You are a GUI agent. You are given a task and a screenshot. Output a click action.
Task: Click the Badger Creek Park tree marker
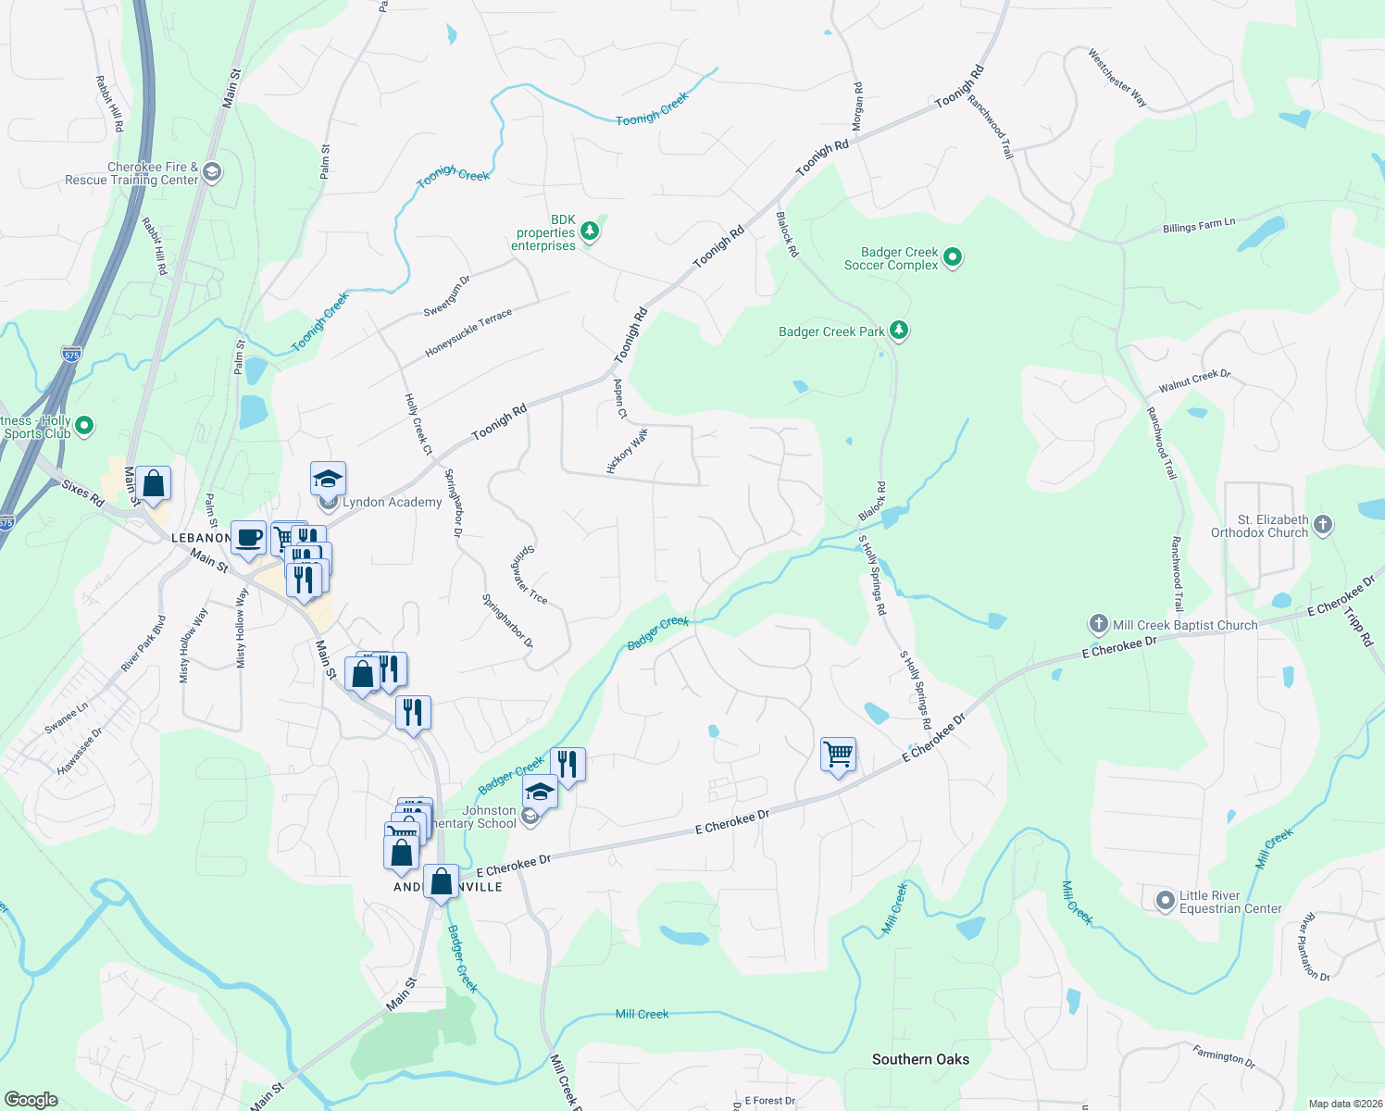tap(898, 331)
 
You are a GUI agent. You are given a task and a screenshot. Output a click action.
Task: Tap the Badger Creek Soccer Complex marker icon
tap(954, 258)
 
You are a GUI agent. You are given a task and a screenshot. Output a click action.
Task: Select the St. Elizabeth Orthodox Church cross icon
tap(1323, 526)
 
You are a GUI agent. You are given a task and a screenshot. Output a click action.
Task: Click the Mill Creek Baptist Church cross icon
tap(1098, 624)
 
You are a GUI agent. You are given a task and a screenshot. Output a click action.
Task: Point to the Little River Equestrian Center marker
tap(1166, 900)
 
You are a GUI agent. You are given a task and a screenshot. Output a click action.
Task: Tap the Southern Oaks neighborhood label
tap(920, 1059)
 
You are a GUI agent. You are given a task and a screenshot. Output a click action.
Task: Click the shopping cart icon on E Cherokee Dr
tap(838, 755)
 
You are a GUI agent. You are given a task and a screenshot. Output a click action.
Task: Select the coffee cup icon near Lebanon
tap(248, 538)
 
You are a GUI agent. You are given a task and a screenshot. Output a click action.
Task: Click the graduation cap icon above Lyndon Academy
tap(328, 479)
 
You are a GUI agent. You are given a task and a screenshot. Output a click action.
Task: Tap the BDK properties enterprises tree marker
tap(590, 231)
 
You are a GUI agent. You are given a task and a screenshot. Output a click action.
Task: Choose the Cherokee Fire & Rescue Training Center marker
tap(212, 172)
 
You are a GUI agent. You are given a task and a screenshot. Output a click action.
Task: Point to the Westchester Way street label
tap(1117, 78)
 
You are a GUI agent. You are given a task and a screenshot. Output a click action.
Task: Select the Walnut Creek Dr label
tap(1194, 381)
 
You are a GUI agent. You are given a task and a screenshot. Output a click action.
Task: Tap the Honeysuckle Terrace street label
tap(468, 334)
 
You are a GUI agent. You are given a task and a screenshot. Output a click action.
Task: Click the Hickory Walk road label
tap(628, 451)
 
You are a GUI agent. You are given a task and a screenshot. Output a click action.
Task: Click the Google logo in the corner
tap(31, 1100)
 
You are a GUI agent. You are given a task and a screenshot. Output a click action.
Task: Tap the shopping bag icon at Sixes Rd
tap(154, 483)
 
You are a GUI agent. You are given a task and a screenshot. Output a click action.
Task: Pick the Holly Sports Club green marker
tap(84, 426)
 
